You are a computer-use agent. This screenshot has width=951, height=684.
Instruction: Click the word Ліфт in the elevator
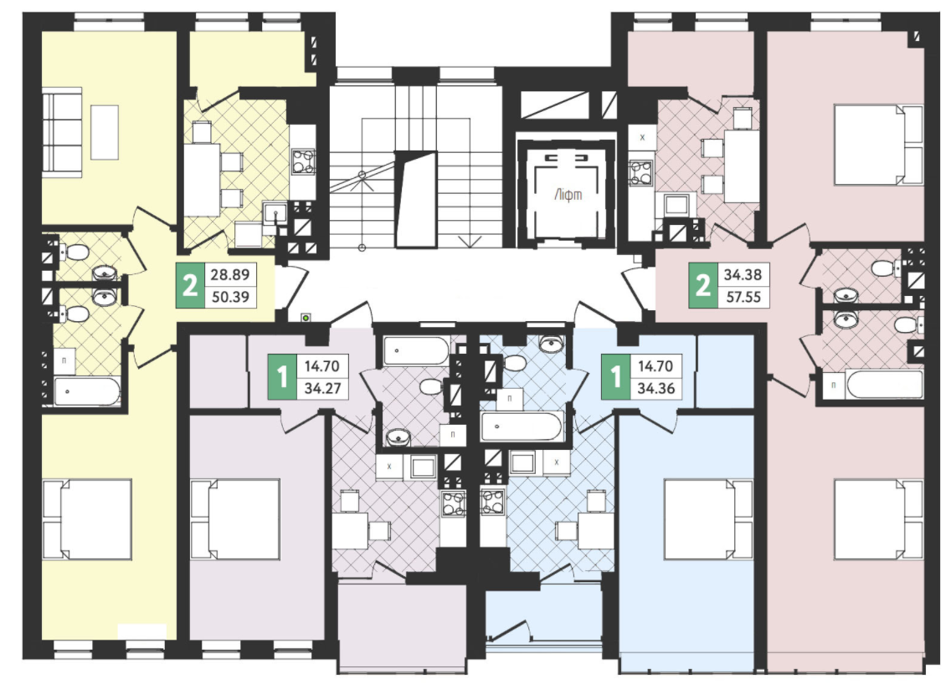tap(568, 195)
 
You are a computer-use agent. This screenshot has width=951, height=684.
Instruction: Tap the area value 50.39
tap(230, 297)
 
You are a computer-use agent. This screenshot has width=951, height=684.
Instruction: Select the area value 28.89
tap(230, 274)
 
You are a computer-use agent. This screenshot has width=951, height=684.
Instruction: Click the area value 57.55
tap(743, 297)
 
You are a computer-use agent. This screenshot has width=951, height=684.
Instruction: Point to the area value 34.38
tap(743, 274)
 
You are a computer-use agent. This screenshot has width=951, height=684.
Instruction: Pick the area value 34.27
tap(322, 388)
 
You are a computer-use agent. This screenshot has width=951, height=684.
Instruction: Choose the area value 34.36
tap(655, 388)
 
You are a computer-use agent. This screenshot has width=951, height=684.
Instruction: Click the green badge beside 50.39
tap(190, 285)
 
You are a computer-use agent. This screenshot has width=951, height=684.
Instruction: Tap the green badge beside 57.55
tap(703, 285)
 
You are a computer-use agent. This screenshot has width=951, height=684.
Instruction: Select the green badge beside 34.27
tap(282, 376)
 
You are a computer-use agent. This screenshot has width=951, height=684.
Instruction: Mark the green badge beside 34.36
tap(615, 376)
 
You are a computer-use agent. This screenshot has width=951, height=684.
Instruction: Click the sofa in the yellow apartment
tap(62, 133)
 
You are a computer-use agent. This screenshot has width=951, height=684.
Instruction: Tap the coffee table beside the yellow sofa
tap(105, 132)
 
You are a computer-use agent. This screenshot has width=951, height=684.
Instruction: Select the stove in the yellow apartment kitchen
tap(303, 161)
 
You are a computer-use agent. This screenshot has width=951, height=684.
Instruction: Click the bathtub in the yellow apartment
tap(87, 391)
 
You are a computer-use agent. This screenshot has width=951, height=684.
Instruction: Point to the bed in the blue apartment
tap(709, 518)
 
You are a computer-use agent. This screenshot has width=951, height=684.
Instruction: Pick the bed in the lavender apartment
tap(235, 518)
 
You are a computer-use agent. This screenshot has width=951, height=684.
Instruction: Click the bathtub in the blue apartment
tap(522, 426)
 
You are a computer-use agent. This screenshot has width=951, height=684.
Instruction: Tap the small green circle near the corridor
tap(306, 317)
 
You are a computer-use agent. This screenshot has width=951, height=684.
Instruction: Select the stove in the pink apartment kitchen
tap(642, 171)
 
